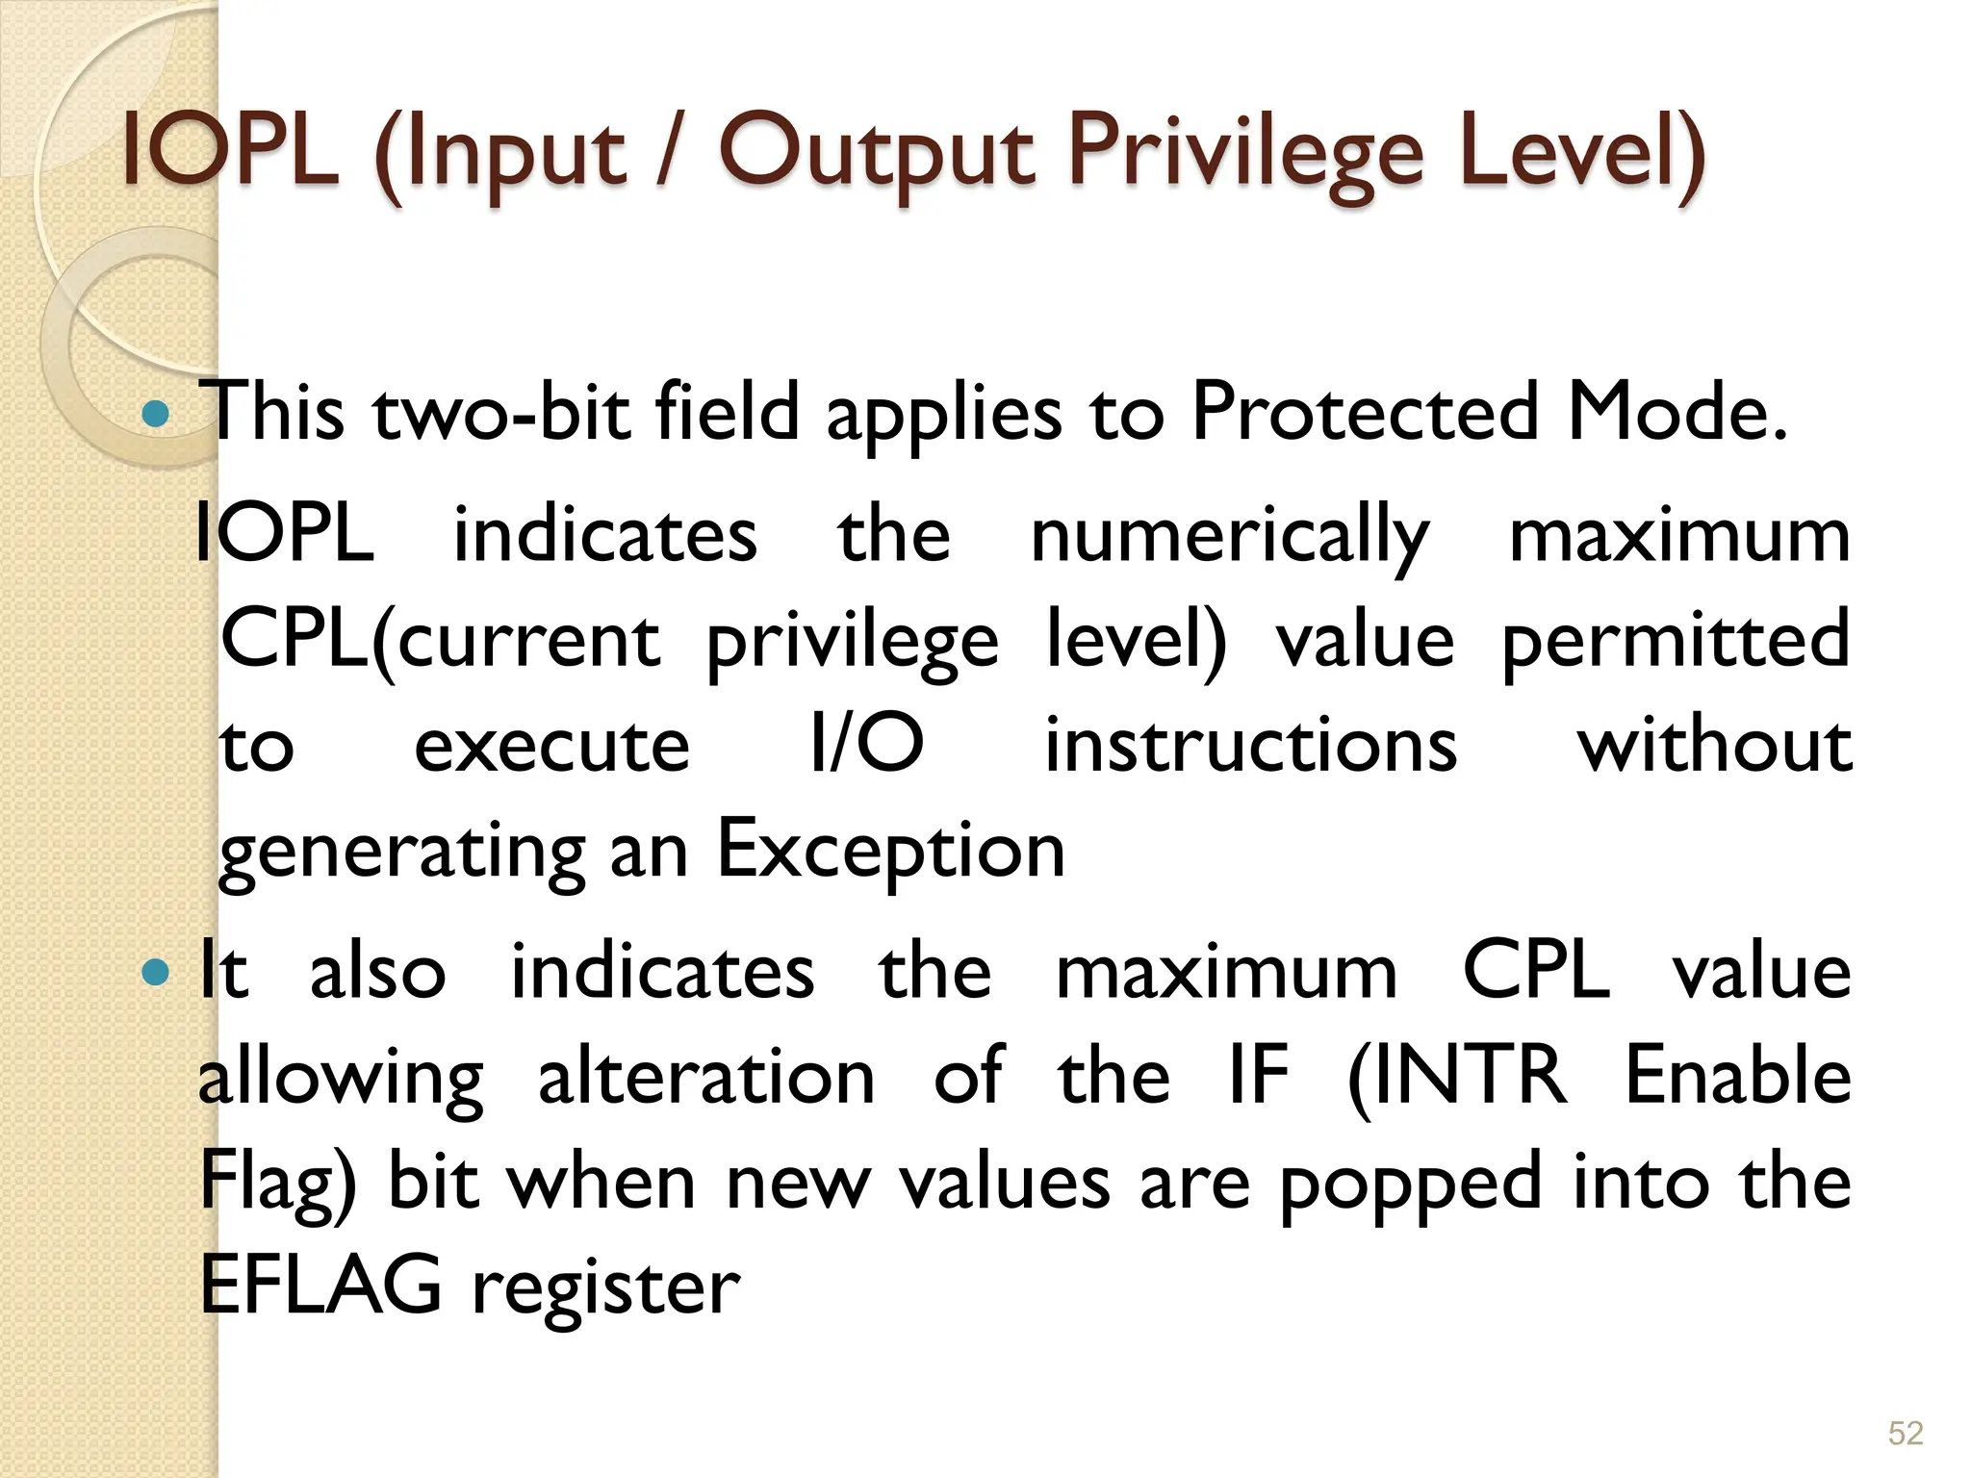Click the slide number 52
point(1906,1433)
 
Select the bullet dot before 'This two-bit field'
point(155,415)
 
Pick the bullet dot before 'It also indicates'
point(155,973)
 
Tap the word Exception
point(891,849)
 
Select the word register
point(606,1289)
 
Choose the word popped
point(1411,1184)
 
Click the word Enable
point(1738,1076)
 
